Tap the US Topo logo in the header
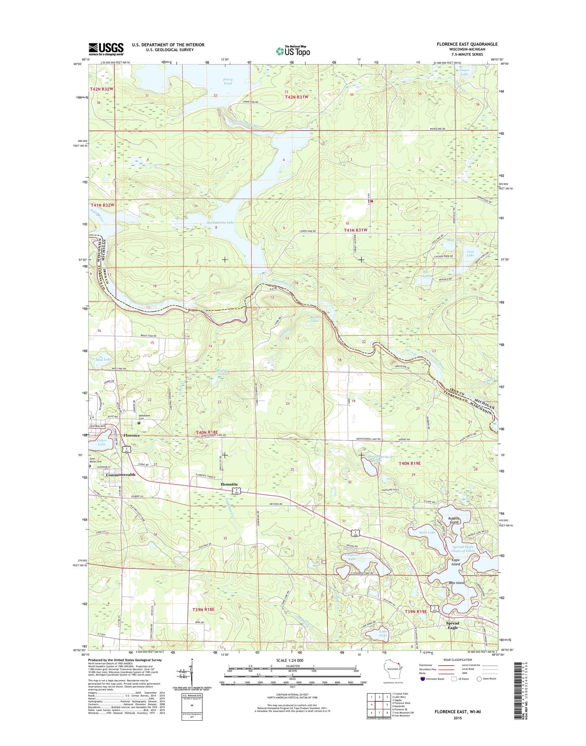coord(293,51)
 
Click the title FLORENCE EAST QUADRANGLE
coord(467,44)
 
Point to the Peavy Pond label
coord(228,81)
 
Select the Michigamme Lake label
coord(220,222)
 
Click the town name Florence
coord(131,435)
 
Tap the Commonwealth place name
coord(120,475)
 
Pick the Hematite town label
coord(229,484)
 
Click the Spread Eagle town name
coord(452,625)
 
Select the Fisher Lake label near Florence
coord(102,442)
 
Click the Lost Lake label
coord(470,253)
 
